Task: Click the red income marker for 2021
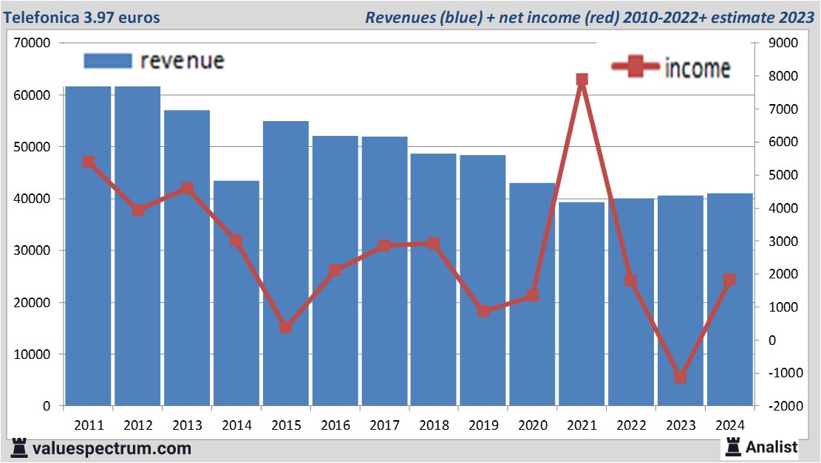pos(582,80)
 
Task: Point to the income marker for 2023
pos(681,377)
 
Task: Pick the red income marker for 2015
pos(286,327)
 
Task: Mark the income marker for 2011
pos(88,162)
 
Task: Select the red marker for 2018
pos(434,244)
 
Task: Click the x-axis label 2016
pos(335,425)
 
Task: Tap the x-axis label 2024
pos(730,425)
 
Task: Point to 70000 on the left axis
pos(32,43)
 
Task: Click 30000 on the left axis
pos(32,250)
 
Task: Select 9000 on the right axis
pos(783,43)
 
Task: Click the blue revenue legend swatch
pos(108,61)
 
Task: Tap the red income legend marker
pos(635,67)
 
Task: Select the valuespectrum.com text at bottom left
pos(111,448)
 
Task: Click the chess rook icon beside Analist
pos(733,446)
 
